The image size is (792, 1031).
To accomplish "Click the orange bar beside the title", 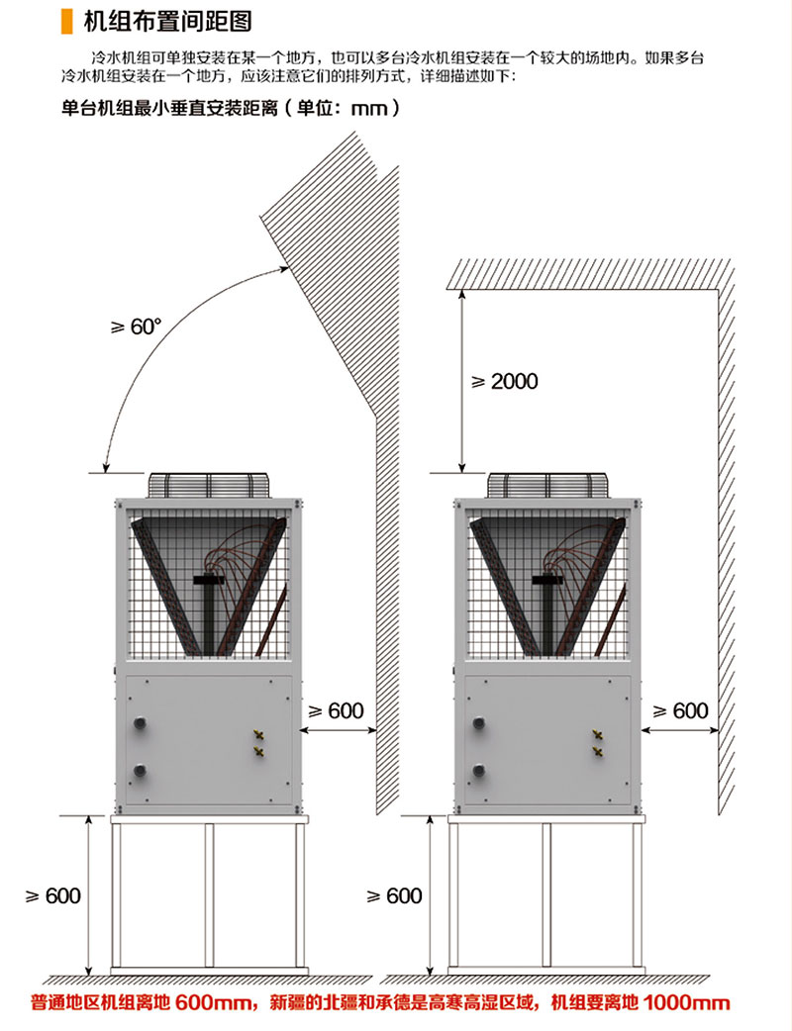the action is (x=66, y=21).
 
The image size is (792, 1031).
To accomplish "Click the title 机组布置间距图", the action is (x=167, y=21).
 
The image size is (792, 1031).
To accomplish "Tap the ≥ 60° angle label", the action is (x=137, y=327).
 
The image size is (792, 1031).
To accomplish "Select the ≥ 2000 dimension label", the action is (x=505, y=381).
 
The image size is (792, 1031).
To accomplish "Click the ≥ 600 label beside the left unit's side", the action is (x=337, y=710).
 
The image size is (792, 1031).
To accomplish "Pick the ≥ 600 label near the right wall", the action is (x=680, y=710).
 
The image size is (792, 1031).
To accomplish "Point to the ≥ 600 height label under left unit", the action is (x=53, y=895).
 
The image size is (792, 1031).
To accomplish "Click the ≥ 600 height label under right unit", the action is (x=394, y=895).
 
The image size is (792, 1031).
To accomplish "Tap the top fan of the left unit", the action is (x=208, y=485).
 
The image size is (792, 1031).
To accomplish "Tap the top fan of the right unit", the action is (x=546, y=485).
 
